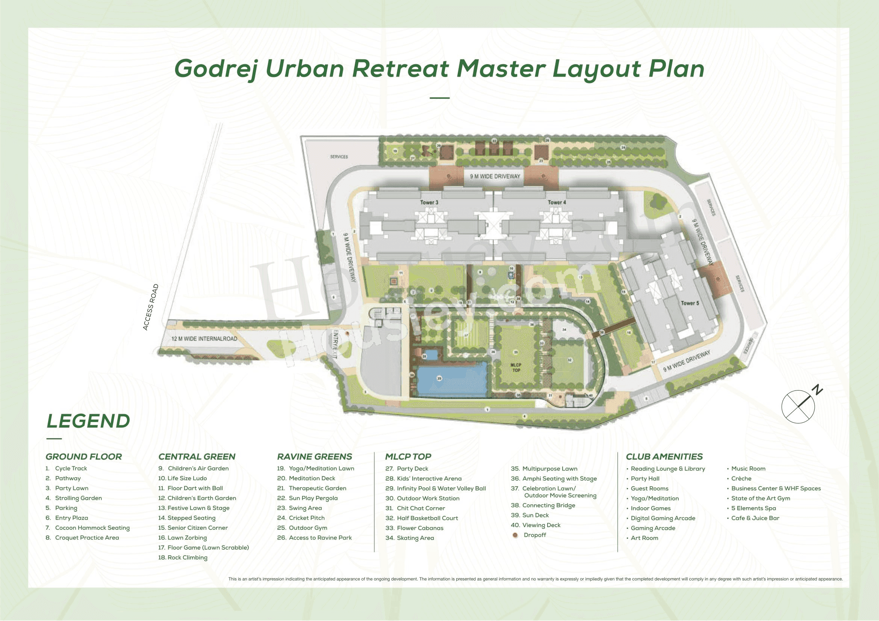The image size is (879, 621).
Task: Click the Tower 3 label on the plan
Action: click(x=429, y=202)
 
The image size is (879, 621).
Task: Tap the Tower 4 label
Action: click(x=557, y=202)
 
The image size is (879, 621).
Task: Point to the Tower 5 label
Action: click(x=690, y=303)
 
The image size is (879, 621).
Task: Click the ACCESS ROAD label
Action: click(x=150, y=307)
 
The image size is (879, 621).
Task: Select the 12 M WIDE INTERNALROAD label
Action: click(x=204, y=339)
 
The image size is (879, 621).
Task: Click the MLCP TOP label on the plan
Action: click(x=516, y=368)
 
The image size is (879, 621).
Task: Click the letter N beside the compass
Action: click(x=818, y=390)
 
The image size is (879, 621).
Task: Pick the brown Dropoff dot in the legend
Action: click(x=515, y=535)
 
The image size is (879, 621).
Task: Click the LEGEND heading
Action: click(x=88, y=421)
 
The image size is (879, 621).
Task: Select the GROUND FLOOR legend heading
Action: click(x=83, y=457)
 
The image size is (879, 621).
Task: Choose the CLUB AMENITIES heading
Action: click(x=664, y=457)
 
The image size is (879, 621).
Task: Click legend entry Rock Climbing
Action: click(x=187, y=558)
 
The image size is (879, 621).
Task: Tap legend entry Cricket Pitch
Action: click(x=306, y=518)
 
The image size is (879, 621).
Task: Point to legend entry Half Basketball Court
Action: click(x=427, y=518)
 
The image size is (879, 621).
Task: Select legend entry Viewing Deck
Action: click(x=541, y=525)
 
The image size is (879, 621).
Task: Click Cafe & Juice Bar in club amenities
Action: click(x=755, y=518)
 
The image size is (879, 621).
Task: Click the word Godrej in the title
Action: click(x=216, y=69)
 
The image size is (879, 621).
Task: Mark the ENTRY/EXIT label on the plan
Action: click(x=335, y=344)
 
